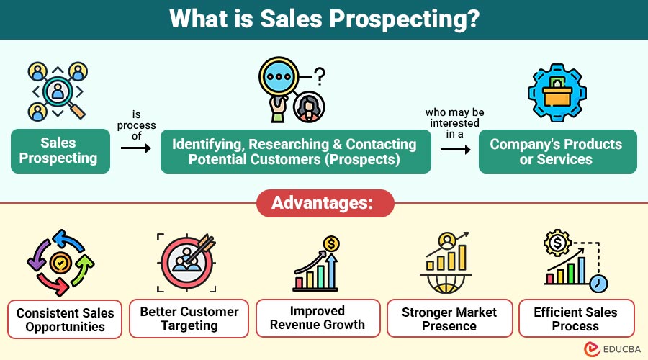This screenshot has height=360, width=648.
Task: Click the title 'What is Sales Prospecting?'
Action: pyautogui.click(x=324, y=19)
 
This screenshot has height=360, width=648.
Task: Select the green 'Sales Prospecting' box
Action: pyautogui.click(x=60, y=151)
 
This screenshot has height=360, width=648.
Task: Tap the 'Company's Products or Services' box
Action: pyautogui.click(x=557, y=151)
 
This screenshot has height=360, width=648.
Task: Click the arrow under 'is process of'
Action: pyautogui.click(x=136, y=148)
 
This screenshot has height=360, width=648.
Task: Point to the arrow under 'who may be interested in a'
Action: pyautogui.click(x=456, y=149)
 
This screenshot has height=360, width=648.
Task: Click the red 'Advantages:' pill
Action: pyautogui.click(x=325, y=203)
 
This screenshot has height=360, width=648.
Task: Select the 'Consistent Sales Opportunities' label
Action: pyautogui.click(x=65, y=320)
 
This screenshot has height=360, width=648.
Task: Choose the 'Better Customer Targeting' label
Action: pyautogui.click(x=189, y=319)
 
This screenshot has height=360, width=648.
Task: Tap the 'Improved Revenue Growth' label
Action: pyautogui.click(x=318, y=318)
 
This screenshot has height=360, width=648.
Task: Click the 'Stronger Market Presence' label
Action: pyautogui.click(x=449, y=319)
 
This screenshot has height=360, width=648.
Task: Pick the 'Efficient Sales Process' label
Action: pyautogui.click(x=577, y=319)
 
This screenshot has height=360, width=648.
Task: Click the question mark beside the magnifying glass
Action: pyautogui.click(x=320, y=76)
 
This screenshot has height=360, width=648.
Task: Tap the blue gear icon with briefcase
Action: pyautogui.click(x=557, y=93)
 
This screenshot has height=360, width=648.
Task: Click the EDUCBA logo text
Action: pyautogui.click(x=621, y=349)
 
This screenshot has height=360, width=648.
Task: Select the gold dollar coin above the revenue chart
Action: pyautogui.click(x=331, y=244)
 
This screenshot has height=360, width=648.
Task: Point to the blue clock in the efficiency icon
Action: pyautogui.click(x=598, y=284)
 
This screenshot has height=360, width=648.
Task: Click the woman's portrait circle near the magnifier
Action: pyautogui.click(x=309, y=107)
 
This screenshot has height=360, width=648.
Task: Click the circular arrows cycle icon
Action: pyautogui.click(x=60, y=263)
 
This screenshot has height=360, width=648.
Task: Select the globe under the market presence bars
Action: pyautogui.click(x=446, y=284)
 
